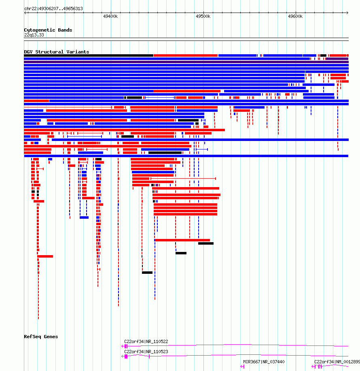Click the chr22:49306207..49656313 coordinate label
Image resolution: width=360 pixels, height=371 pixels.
pos(54,9)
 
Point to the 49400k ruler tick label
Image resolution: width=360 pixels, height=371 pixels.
pos(110,16)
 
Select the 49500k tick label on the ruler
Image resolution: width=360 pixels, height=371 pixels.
pos(203,16)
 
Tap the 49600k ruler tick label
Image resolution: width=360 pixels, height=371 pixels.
pos(295,16)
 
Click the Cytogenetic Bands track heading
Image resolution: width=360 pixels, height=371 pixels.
pos(48,30)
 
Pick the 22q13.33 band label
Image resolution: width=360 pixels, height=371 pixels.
pos(34,35)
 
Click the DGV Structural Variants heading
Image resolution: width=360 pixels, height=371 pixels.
pos(57,52)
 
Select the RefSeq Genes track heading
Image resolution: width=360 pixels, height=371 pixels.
pos(41,337)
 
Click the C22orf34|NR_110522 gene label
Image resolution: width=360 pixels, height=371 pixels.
pos(146,341)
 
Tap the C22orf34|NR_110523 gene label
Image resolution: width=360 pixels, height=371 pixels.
pos(146,352)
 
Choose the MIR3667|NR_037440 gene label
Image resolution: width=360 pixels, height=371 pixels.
pos(264,362)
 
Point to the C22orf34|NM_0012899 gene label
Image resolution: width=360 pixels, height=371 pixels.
pos(337,362)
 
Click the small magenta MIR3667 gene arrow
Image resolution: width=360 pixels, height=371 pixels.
pos(242,367)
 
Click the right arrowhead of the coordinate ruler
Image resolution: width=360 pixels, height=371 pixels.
pos(347,13)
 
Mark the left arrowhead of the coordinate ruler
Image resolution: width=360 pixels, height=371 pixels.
pos(25,13)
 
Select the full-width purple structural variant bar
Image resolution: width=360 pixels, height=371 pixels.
pos(186,62)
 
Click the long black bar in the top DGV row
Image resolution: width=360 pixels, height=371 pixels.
pos(89,55)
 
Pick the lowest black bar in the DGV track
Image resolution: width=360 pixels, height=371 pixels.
pos(147,273)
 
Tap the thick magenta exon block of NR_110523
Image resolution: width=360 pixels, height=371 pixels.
pos(126,356)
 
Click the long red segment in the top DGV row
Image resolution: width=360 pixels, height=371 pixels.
pos(186,55)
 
